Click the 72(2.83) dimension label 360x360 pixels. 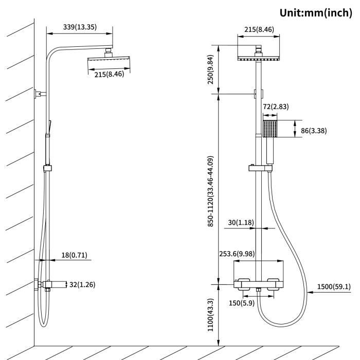[x=276, y=107]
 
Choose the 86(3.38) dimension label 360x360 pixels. [x=314, y=131]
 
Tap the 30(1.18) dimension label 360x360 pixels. [x=240, y=223]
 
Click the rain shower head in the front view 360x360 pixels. [x=259, y=57]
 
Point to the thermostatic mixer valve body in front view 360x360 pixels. [x=259, y=284]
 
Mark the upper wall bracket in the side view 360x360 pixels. [x=39, y=94]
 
